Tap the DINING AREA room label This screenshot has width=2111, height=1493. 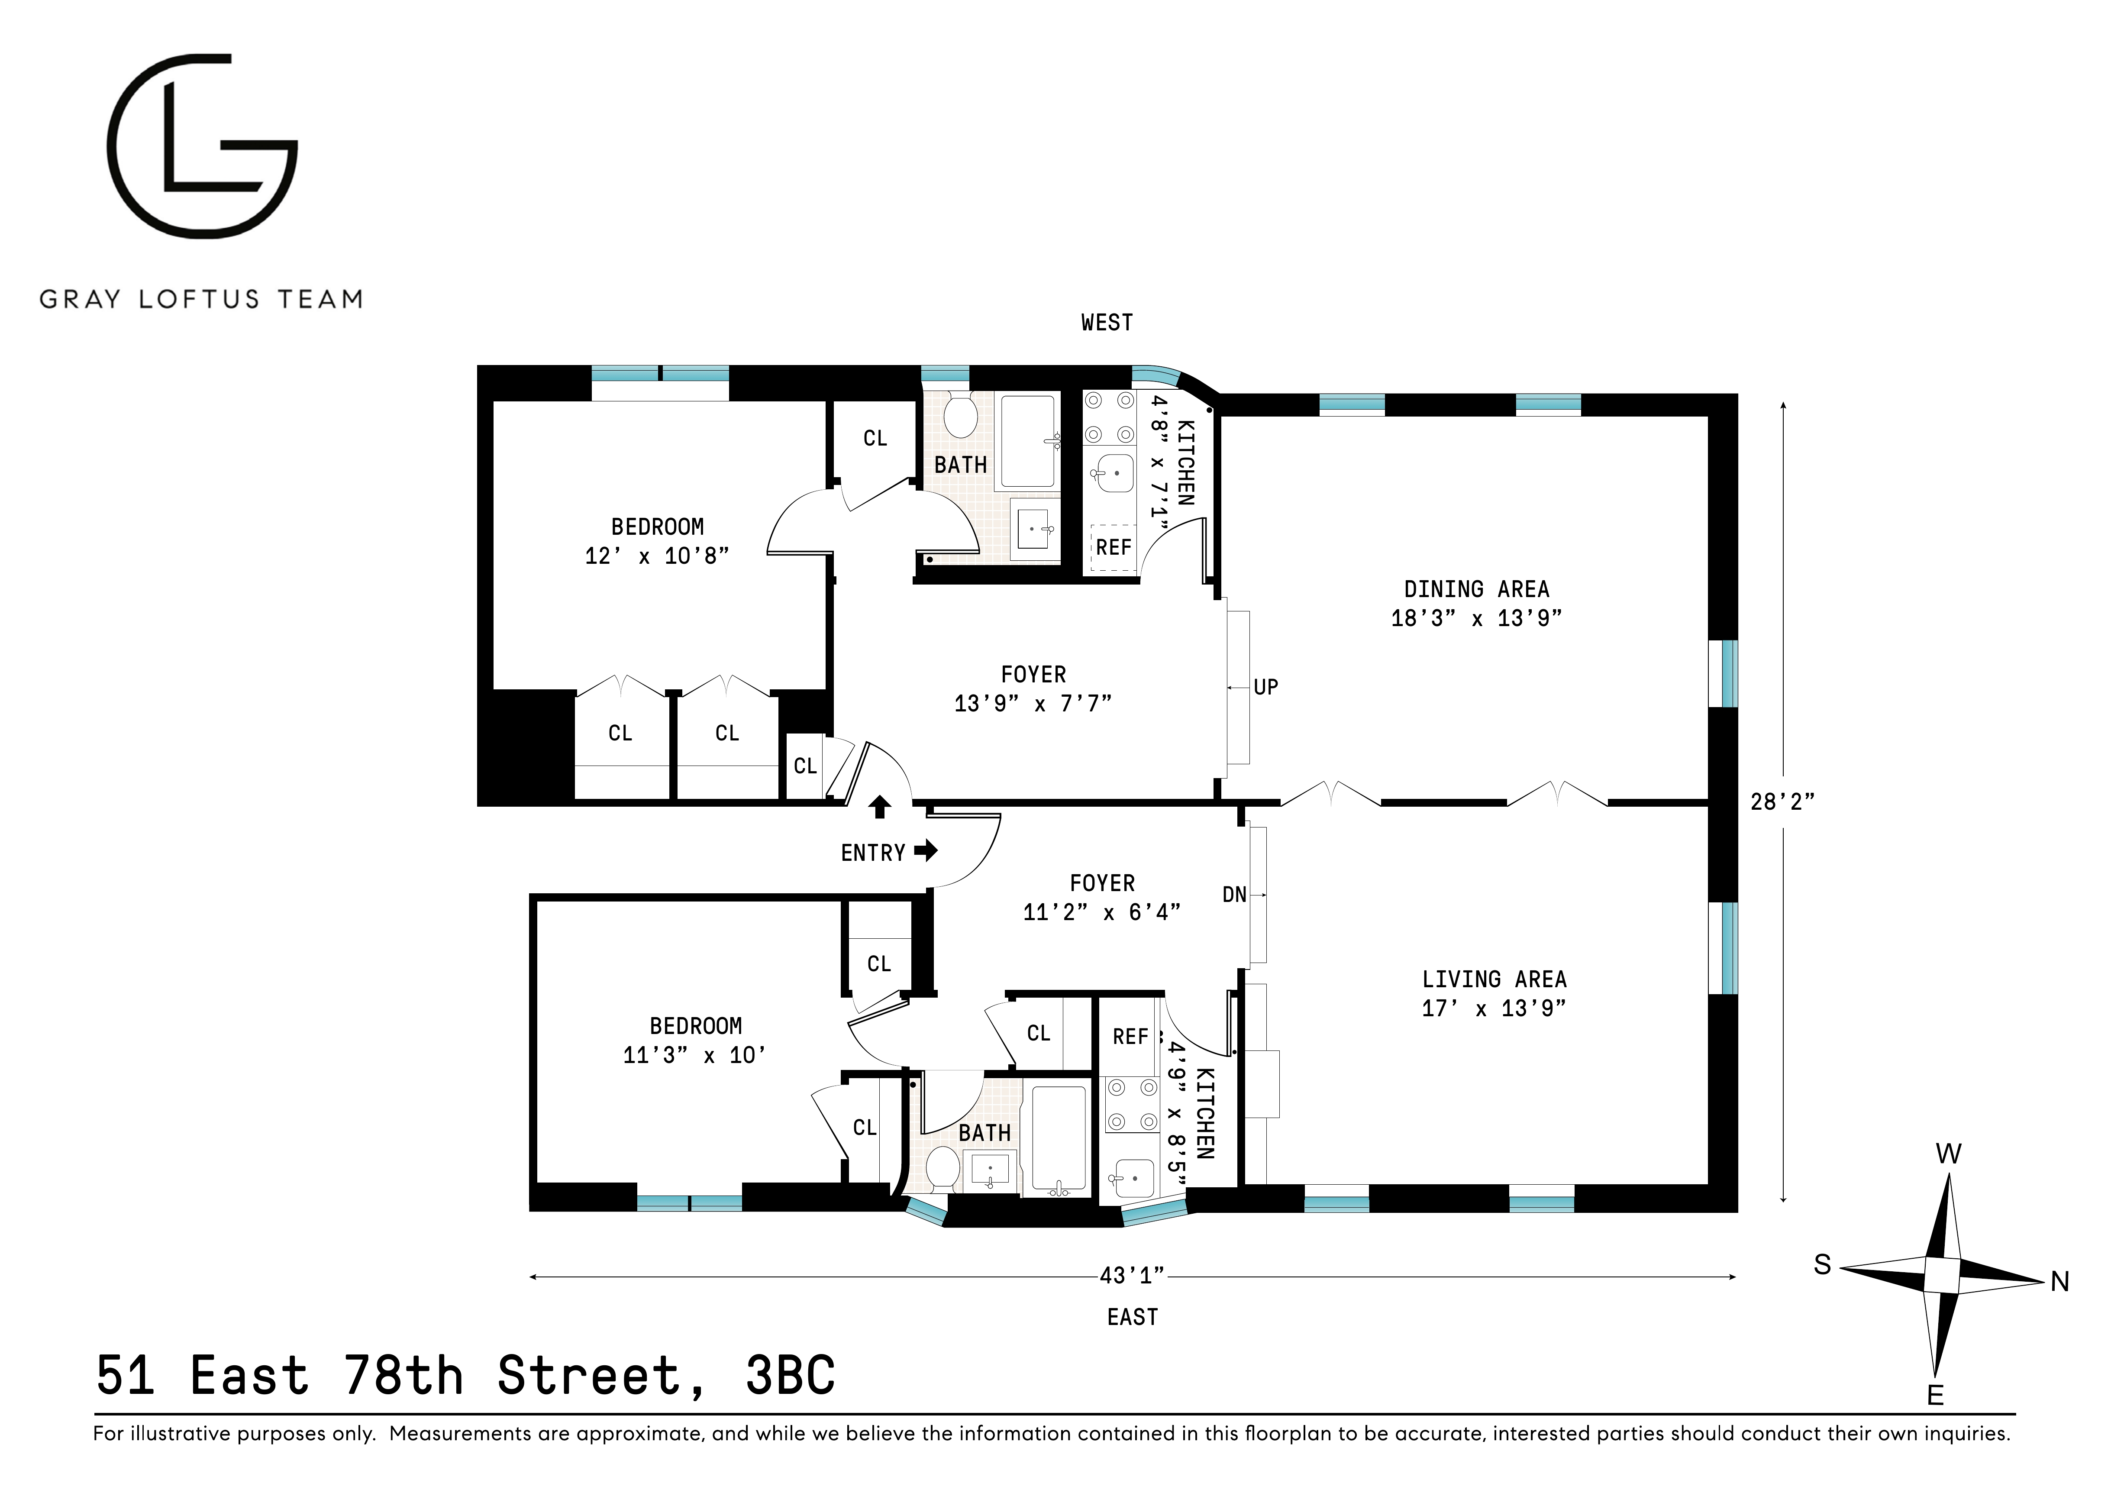[x=1476, y=589]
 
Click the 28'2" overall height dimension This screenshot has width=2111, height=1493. [x=1782, y=801]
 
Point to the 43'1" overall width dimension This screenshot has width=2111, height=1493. [x=1132, y=1276]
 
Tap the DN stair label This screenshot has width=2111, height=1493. [x=1234, y=895]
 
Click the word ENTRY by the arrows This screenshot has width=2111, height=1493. [x=872, y=853]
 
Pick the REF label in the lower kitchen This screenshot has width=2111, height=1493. [x=1130, y=1037]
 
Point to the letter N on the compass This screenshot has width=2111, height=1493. [x=2059, y=1282]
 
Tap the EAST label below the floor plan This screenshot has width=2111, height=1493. [x=1132, y=1317]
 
